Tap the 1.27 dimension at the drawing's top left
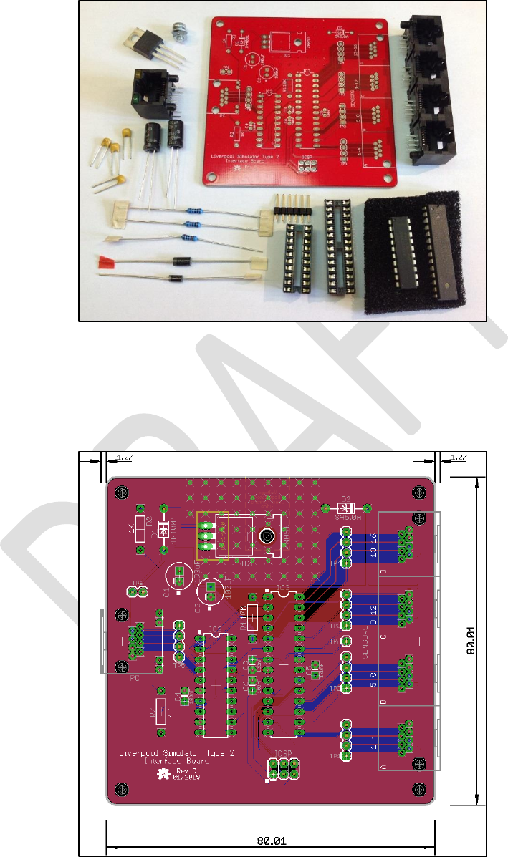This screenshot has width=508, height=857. (125, 459)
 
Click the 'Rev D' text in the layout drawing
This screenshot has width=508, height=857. (186, 770)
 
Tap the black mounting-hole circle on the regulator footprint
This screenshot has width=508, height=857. (265, 536)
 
